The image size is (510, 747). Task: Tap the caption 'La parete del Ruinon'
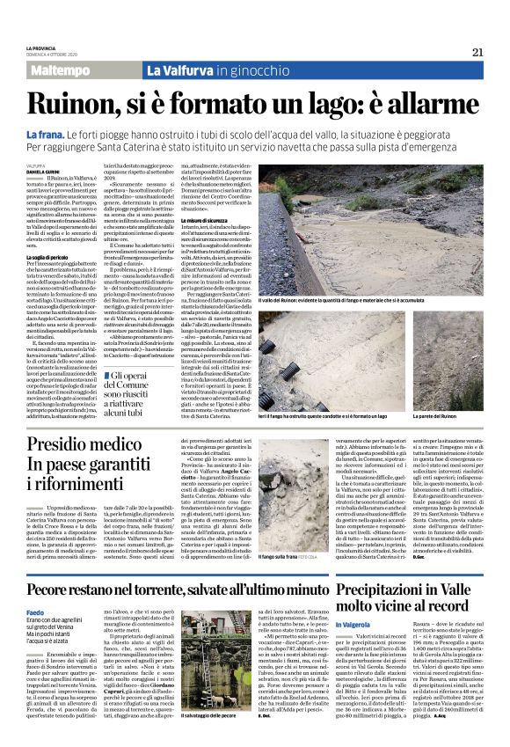(461, 415)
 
